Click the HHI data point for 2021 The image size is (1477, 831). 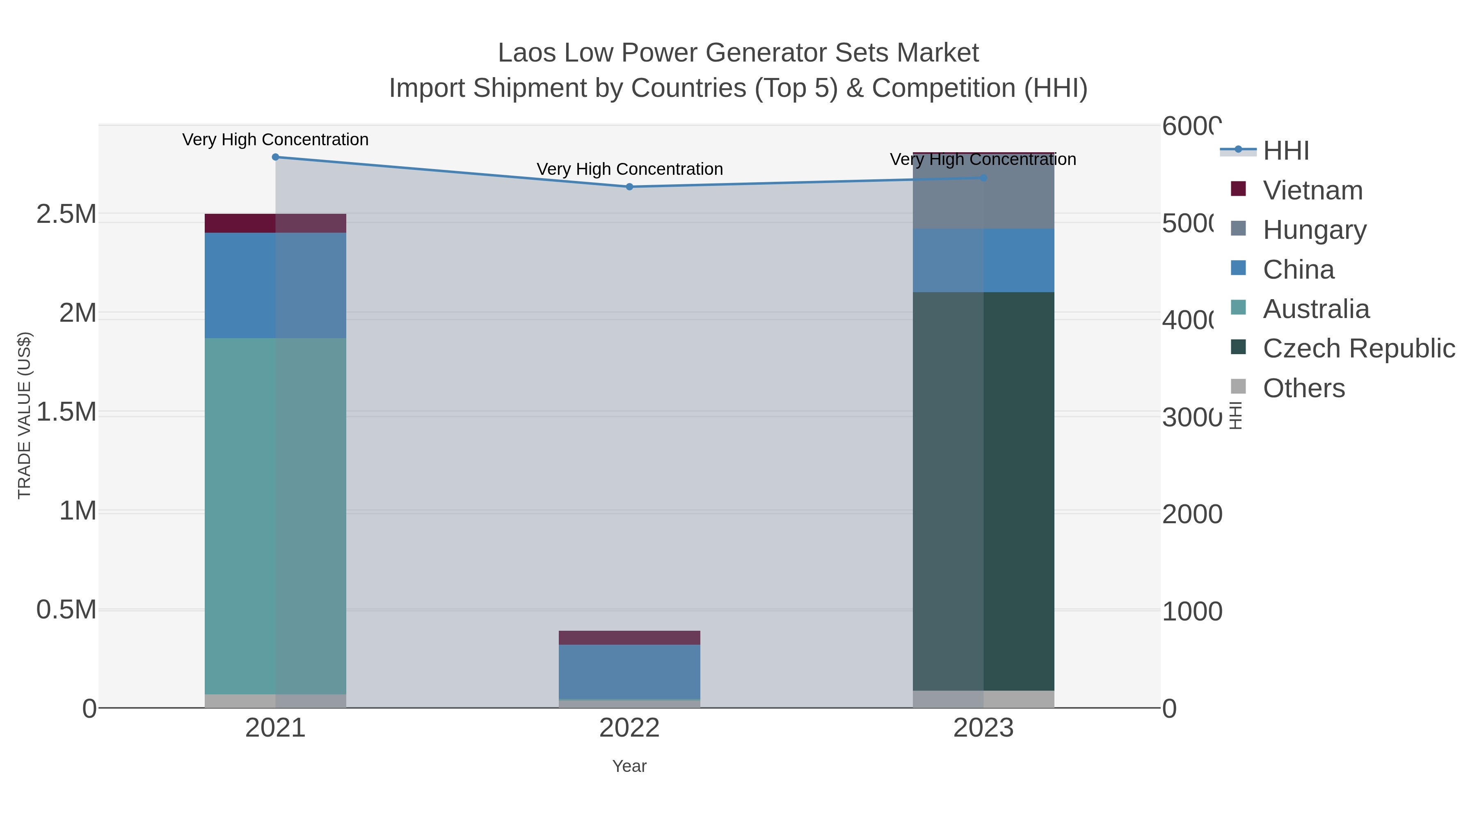click(x=275, y=157)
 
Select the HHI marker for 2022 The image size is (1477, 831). click(x=629, y=186)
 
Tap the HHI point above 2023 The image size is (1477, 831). click(x=983, y=178)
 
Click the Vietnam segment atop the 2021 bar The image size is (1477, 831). click(x=275, y=223)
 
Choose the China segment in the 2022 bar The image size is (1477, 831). click(x=629, y=671)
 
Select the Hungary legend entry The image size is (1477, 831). click(x=1314, y=229)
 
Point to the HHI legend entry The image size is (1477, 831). click(x=1285, y=151)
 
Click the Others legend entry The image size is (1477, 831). click(x=1303, y=388)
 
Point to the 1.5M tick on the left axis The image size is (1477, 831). click(x=66, y=412)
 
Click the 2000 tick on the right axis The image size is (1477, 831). click(x=1191, y=515)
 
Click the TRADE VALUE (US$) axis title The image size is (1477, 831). click(x=25, y=415)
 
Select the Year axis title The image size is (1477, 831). click(x=629, y=766)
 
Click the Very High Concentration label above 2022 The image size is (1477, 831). click(x=629, y=169)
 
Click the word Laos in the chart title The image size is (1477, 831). click(x=526, y=53)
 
